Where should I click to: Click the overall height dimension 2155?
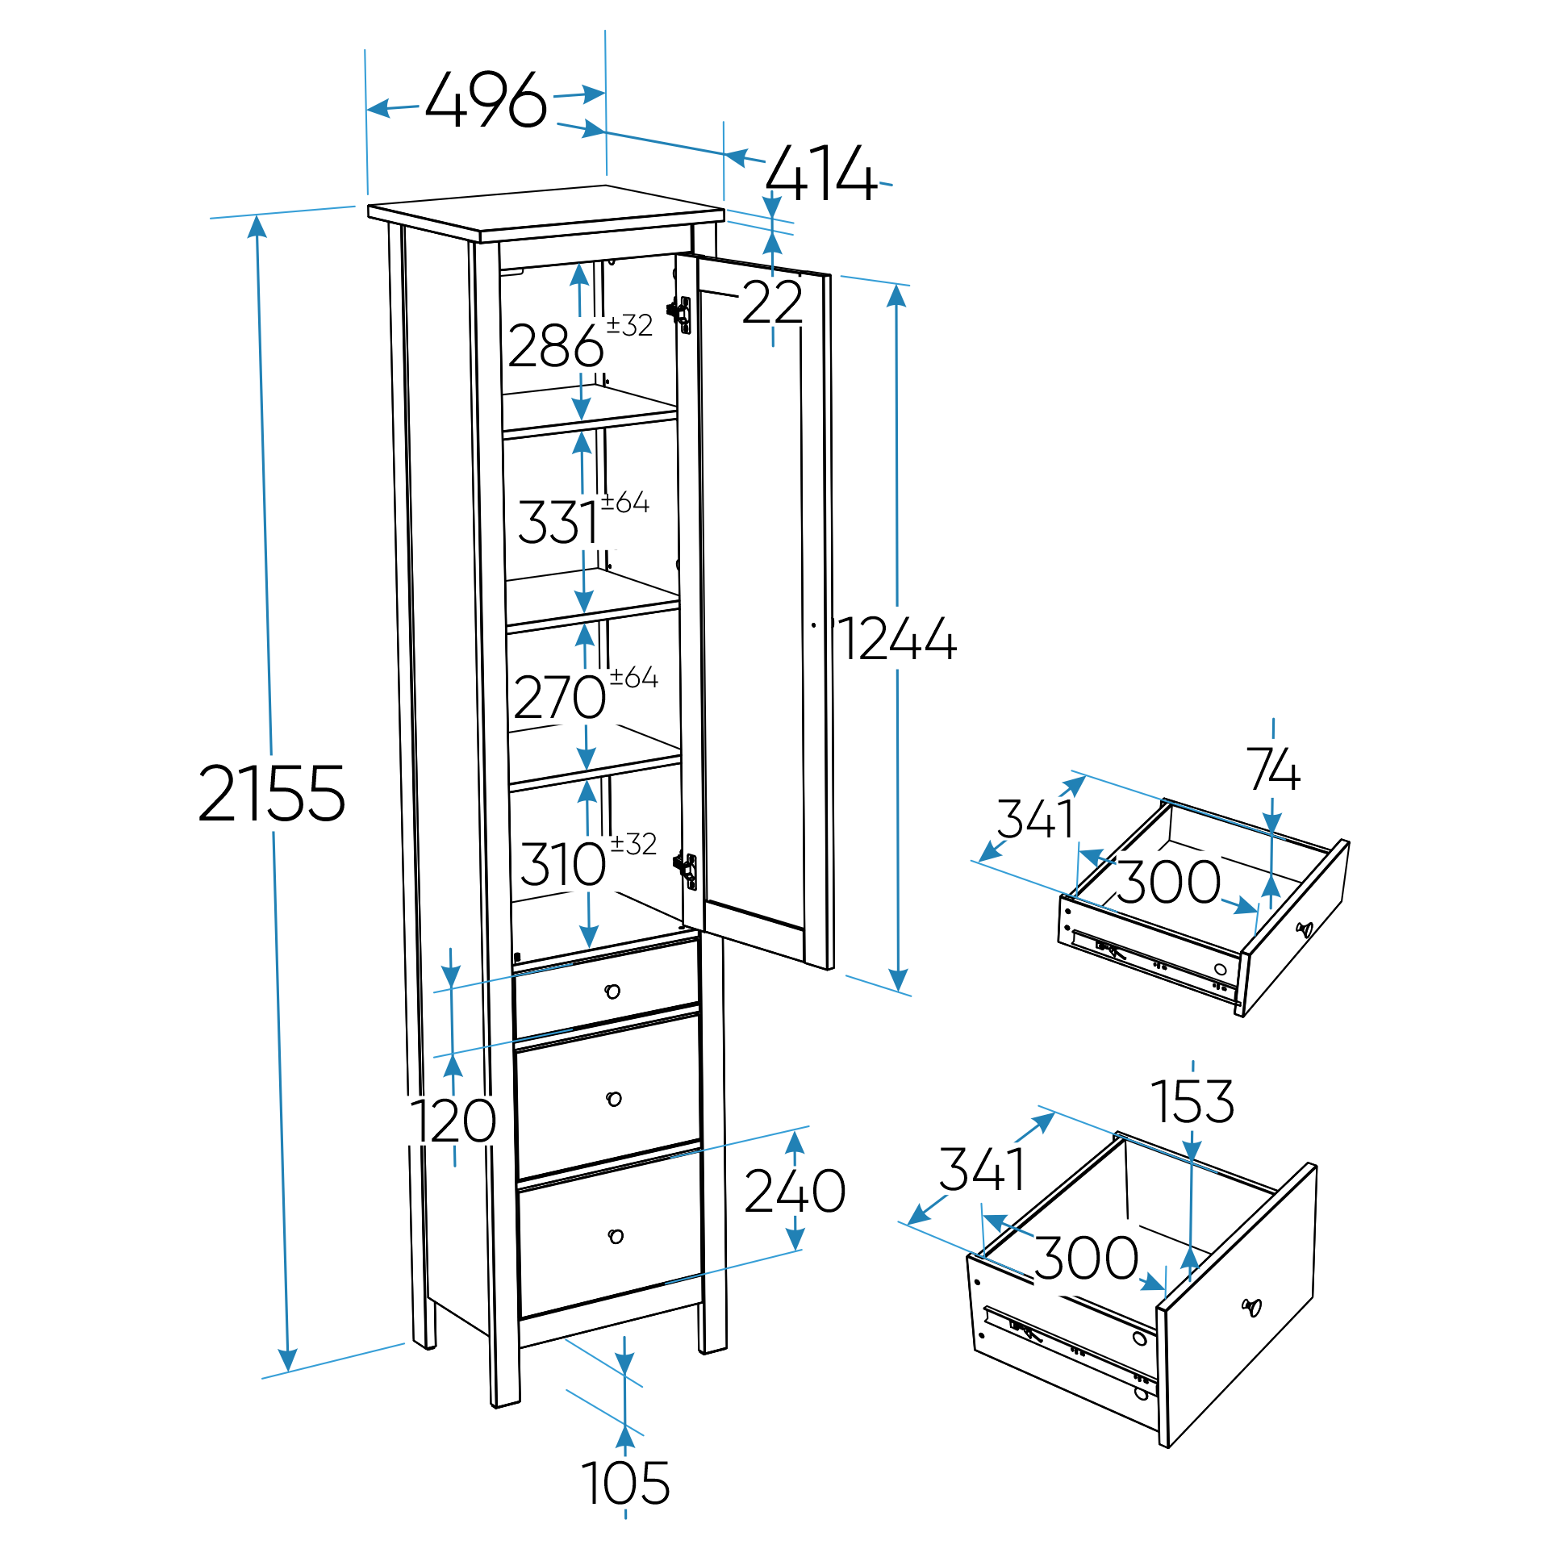272,795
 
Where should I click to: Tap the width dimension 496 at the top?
486,101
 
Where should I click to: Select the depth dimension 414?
820,173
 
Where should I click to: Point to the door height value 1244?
898,640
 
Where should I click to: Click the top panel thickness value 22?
772,303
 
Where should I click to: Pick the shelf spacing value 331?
557,522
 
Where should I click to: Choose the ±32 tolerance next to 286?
629,325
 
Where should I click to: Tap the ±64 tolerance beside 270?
633,677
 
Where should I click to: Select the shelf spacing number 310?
562,864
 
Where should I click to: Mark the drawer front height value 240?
795,1191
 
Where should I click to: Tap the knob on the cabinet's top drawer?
612,992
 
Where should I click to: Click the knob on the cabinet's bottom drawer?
616,1236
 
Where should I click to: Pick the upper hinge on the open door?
682,314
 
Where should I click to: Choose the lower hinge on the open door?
687,870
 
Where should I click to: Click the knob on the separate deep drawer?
1251,1307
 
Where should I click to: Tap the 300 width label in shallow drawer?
1168,882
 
